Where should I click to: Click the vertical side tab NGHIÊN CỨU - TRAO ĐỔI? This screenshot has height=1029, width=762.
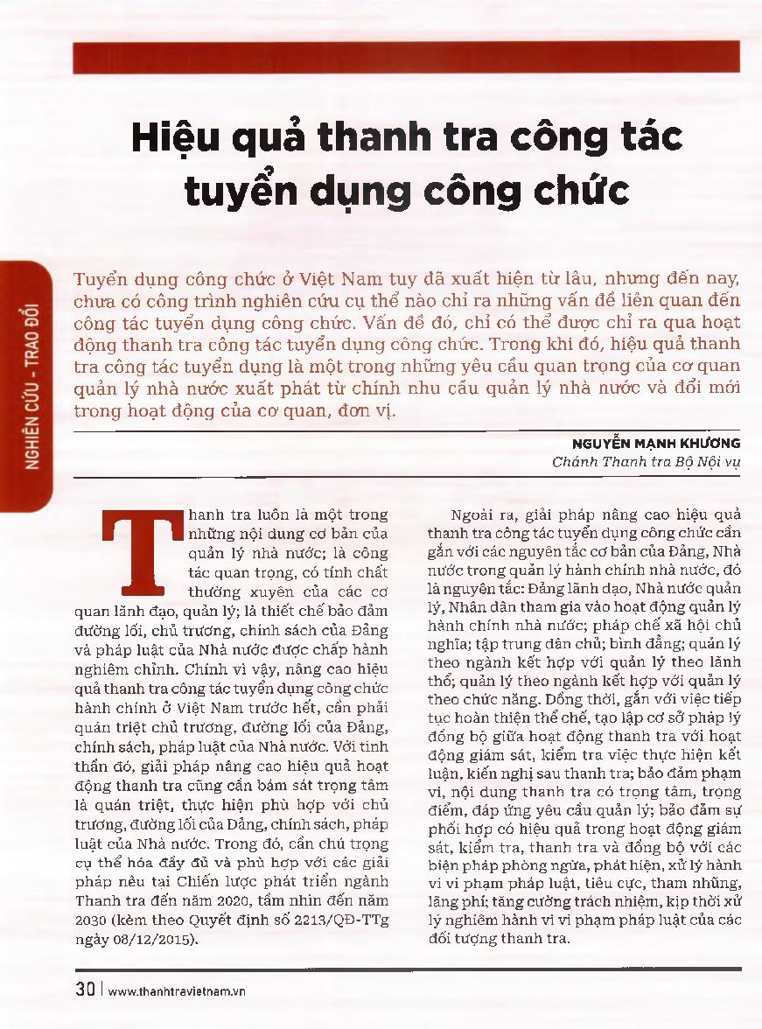coord(32,385)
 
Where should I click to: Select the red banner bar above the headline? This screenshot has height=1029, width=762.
coord(408,58)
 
